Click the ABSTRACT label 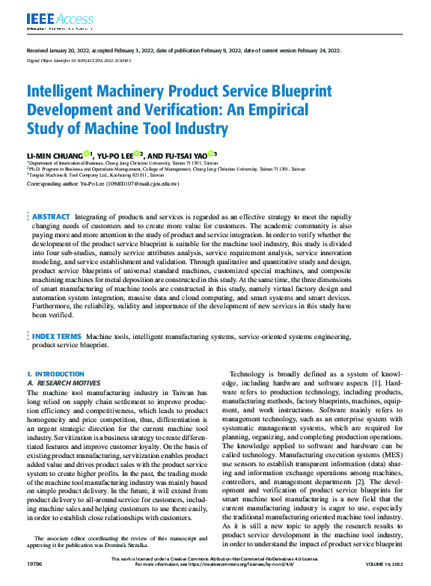point(52,216)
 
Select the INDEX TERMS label point(56,337)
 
